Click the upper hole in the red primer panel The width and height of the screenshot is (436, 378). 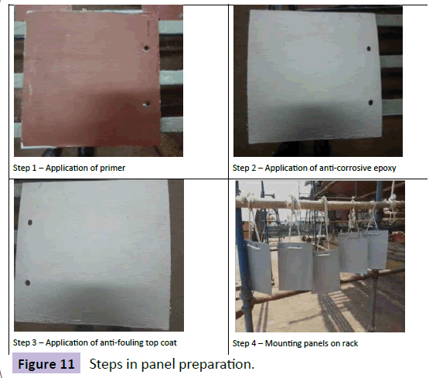[x=146, y=48]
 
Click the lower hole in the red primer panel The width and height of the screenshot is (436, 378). [x=147, y=104]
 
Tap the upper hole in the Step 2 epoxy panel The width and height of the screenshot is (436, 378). [x=369, y=49]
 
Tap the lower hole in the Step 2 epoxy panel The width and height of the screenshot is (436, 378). [x=370, y=102]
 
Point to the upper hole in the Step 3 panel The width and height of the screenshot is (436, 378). [x=29, y=222]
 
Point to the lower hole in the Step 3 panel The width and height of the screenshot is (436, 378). [x=28, y=283]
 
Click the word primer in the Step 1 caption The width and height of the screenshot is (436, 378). [x=112, y=169]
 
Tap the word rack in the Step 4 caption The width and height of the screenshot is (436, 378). [x=350, y=343]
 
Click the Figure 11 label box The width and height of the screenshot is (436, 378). [x=46, y=363]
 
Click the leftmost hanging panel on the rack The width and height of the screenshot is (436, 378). [x=259, y=267]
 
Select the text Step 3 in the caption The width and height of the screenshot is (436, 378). [x=25, y=342]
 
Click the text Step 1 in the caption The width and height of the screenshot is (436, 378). [x=25, y=169]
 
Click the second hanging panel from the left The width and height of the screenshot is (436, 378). [x=295, y=266]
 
